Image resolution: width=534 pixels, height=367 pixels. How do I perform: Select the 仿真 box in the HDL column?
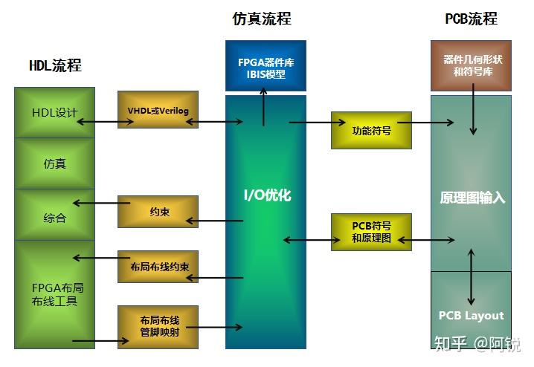(55, 163)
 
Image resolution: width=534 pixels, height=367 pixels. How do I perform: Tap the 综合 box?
(55, 218)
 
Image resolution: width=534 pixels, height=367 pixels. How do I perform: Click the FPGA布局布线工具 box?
(55, 294)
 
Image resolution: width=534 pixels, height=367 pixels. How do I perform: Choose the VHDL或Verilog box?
(158, 110)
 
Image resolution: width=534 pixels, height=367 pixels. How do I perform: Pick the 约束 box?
(158, 212)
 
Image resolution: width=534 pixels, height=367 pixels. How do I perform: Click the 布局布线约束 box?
(158, 267)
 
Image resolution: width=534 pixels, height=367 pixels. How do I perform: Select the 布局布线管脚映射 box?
(158, 326)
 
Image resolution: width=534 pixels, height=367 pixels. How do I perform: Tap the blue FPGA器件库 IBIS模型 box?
(266, 65)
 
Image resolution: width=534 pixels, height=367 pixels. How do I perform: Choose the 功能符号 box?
(371, 130)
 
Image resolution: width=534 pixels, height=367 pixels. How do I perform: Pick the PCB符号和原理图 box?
(371, 233)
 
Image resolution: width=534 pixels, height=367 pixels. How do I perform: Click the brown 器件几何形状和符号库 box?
(471, 65)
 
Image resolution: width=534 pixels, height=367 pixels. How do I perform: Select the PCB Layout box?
(471, 315)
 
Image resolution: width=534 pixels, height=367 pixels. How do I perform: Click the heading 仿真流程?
(262, 19)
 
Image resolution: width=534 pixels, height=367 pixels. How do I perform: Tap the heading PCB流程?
(471, 19)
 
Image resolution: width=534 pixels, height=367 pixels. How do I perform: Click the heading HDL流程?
(54, 65)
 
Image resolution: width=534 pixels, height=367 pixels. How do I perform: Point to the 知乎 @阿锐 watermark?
(477, 343)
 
